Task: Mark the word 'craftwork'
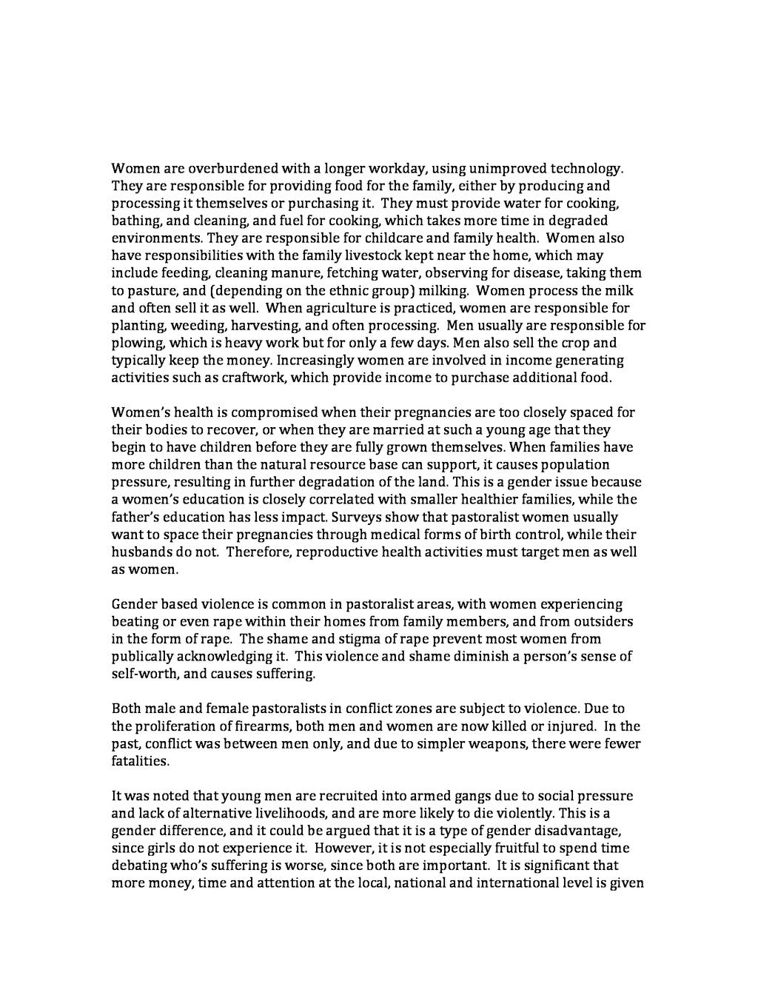(255, 378)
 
